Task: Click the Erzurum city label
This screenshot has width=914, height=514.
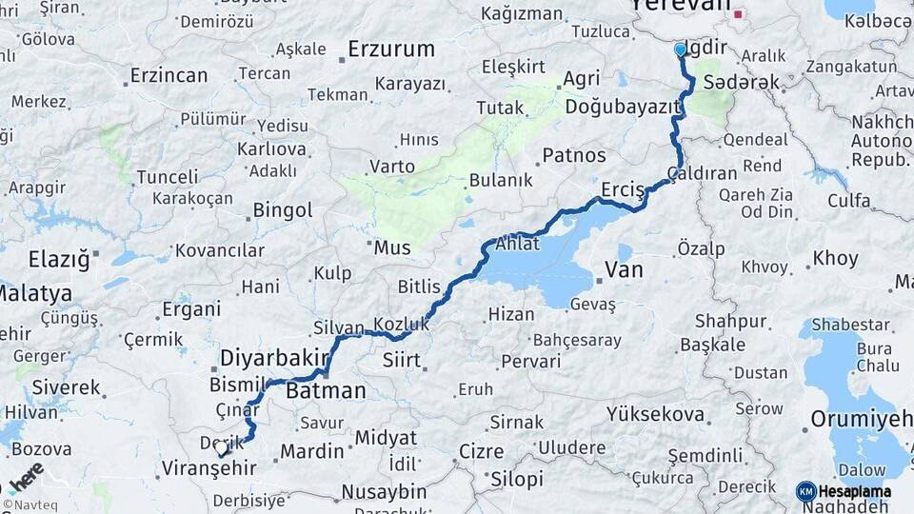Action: coord(390,49)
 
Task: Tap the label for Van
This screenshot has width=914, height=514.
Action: coord(624,270)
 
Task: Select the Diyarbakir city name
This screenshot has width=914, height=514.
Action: coord(274,358)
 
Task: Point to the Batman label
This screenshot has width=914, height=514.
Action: coord(326,390)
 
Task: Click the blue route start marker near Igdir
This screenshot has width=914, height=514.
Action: coord(680,49)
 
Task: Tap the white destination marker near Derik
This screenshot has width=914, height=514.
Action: coord(221,446)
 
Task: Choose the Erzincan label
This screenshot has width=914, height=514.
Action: coord(169,74)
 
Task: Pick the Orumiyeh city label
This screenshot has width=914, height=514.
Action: coord(861,420)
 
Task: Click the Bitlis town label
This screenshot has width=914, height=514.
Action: coord(419,287)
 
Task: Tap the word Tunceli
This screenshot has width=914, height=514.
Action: coord(168,177)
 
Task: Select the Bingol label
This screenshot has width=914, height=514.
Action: coord(283,210)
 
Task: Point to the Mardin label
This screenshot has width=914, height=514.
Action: coord(311,450)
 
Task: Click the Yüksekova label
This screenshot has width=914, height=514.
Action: coord(657,415)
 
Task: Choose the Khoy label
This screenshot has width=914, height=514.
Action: coord(835,259)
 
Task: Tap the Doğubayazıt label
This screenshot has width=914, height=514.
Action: coord(622,108)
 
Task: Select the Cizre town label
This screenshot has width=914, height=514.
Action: coord(481,450)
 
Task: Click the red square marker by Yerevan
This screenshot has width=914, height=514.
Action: coord(738,14)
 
